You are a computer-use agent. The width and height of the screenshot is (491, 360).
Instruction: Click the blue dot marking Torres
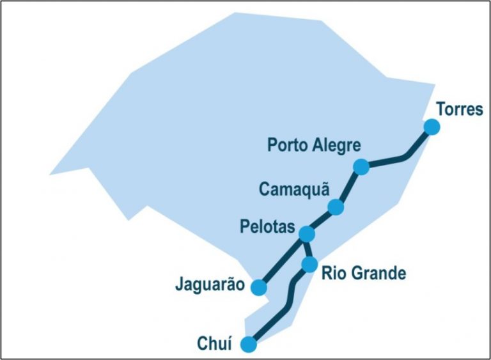click(433, 127)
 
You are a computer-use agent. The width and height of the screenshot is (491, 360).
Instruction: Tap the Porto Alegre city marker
click(361, 167)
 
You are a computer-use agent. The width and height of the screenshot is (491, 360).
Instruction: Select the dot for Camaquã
click(336, 207)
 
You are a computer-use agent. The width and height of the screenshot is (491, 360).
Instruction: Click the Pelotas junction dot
click(307, 233)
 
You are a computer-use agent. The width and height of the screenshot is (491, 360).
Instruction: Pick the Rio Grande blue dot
click(309, 263)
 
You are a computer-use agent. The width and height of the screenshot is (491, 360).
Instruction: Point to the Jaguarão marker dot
click(258, 287)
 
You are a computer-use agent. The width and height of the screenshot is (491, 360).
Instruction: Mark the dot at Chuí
click(247, 345)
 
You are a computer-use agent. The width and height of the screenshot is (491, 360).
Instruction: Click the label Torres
click(459, 109)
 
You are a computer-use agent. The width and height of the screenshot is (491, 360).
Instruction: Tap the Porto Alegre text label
click(314, 145)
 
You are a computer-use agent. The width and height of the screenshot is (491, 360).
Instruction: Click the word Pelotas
click(267, 226)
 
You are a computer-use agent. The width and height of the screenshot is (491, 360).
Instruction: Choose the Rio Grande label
click(364, 274)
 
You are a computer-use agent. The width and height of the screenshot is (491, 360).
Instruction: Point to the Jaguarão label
click(210, 285)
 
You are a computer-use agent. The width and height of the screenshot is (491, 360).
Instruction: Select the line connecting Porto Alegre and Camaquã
click(349, 186)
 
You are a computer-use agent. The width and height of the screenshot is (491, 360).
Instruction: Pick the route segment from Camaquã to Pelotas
click(322, 220)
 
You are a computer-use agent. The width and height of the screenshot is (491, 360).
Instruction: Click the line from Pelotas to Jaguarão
click(282, 261)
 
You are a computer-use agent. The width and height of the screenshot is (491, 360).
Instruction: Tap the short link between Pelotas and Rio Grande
click(308, 249)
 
